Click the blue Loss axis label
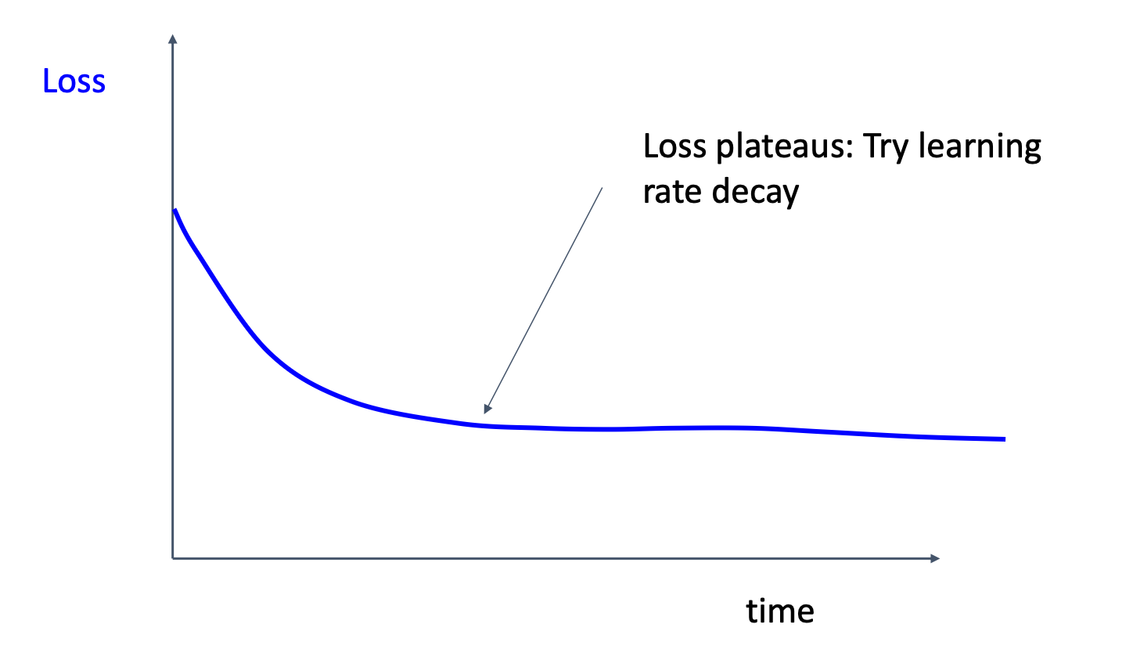click(74, 81)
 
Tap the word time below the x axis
click(779, 611)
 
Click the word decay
click(754, 193)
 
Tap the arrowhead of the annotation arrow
click(487, 410)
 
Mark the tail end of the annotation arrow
click(602, 187)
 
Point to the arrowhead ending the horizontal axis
click(935, 558)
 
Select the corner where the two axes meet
click(173, 558)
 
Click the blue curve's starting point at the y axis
click(174, 210)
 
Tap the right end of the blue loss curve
click(1004, 439)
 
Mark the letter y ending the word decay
click(790, 196)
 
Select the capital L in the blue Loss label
click(49, 81)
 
